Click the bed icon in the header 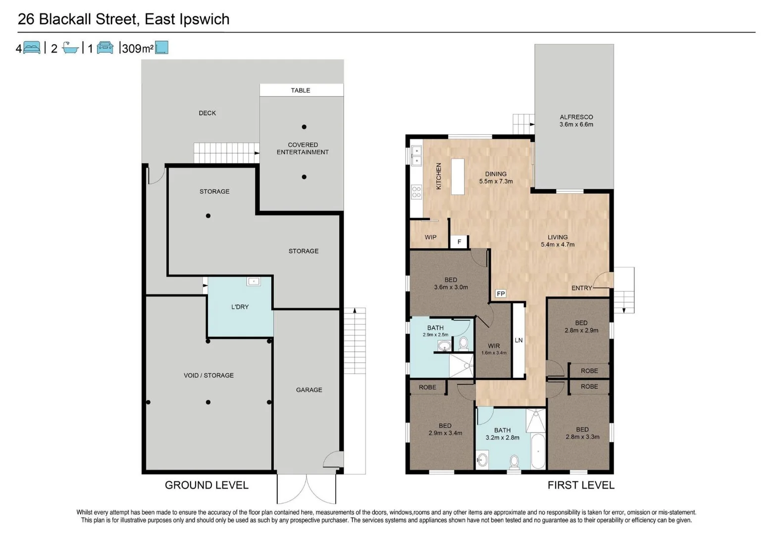[32, 48]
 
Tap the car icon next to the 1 [105, 48]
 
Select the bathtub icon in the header [70, 48]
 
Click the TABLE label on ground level [301, 90]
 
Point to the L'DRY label [240, 307]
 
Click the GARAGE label [309, 390]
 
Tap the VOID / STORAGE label [208, 375]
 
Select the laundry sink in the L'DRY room [254, 281]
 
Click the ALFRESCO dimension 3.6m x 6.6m [576, 125]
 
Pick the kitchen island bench [458, 177]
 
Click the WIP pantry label [430, 237]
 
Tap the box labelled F [459, 242]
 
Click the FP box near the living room [501, 294]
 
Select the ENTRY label [581, 288]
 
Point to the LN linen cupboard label [518, 340]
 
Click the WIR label [494, 346]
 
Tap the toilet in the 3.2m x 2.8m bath [514, 462]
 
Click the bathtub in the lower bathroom [538, 451]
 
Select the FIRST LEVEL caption [580, 485]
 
